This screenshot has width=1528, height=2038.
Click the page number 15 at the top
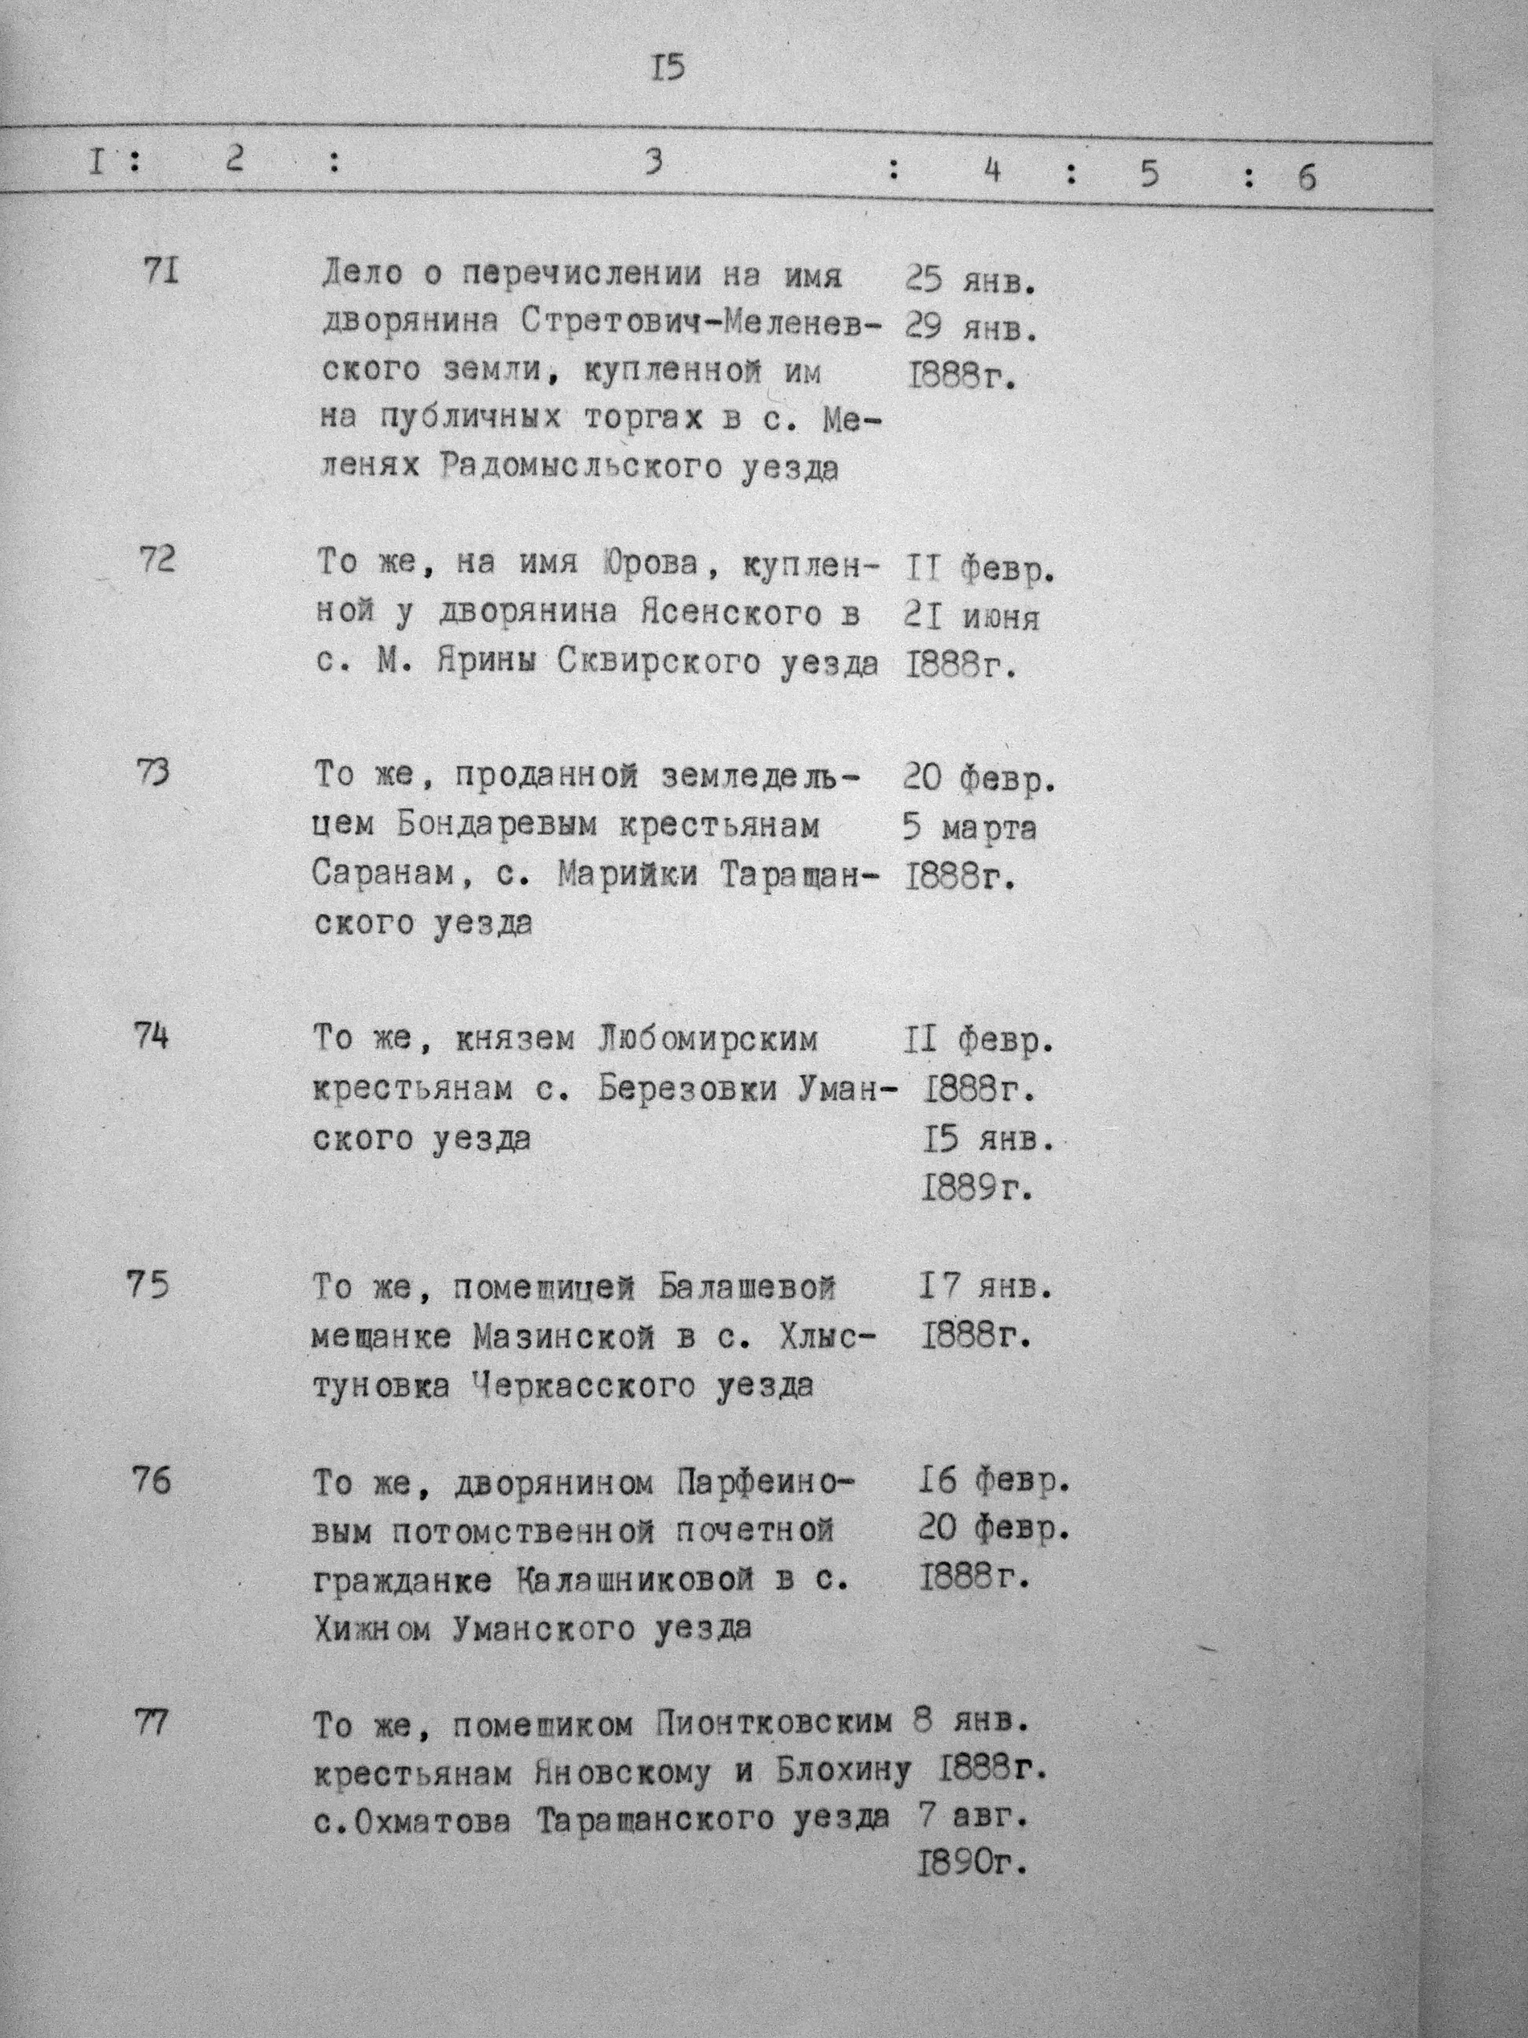click(x=670, y=69)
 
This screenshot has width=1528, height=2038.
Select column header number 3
click(x=653, y=163)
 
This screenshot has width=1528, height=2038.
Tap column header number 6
click(x=1306, y=177)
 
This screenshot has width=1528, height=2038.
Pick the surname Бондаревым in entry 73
click(x=495, y=826)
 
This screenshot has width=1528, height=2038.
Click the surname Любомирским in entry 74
click(x=707, y=1040)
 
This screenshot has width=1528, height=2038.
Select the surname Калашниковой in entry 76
click(x=630, y=1581)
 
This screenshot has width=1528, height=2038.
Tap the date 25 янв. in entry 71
click(x=972, y=279)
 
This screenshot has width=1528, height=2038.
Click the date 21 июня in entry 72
click(x=971, y=616)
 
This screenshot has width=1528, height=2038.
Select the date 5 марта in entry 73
click(x=971, y=828)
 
